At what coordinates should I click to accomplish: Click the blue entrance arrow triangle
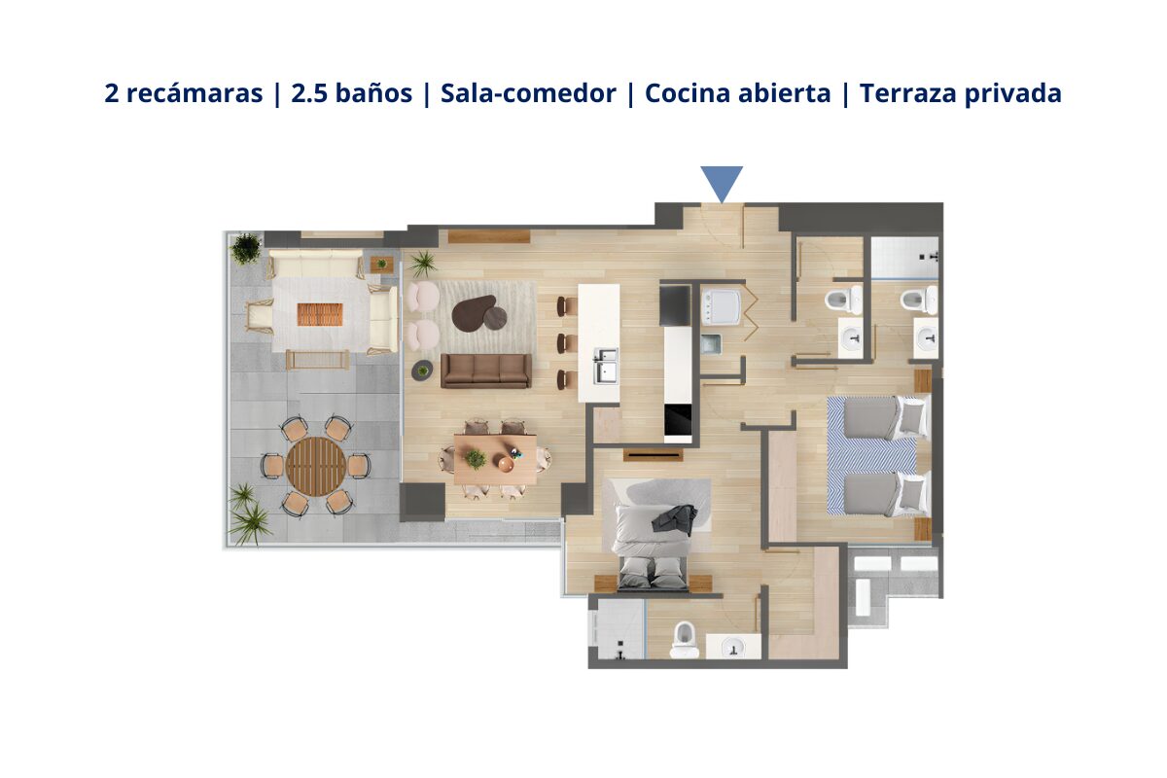(x=722, y=182)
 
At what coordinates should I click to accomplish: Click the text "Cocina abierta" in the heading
(x=737, y=94)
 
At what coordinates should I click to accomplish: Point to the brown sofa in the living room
(x=486, y=370)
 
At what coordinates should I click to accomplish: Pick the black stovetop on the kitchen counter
(x=678, y=420)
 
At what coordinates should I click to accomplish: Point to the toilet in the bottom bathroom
(x=686, y=638)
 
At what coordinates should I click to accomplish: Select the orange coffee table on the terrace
(x=320, y=314)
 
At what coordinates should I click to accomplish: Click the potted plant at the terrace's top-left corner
(x=246, y=248)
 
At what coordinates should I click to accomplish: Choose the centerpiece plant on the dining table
(x=476, y=458)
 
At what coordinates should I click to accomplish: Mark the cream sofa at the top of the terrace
(x=315, y=263)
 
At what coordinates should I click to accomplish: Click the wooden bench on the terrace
(x=318, y=360)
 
